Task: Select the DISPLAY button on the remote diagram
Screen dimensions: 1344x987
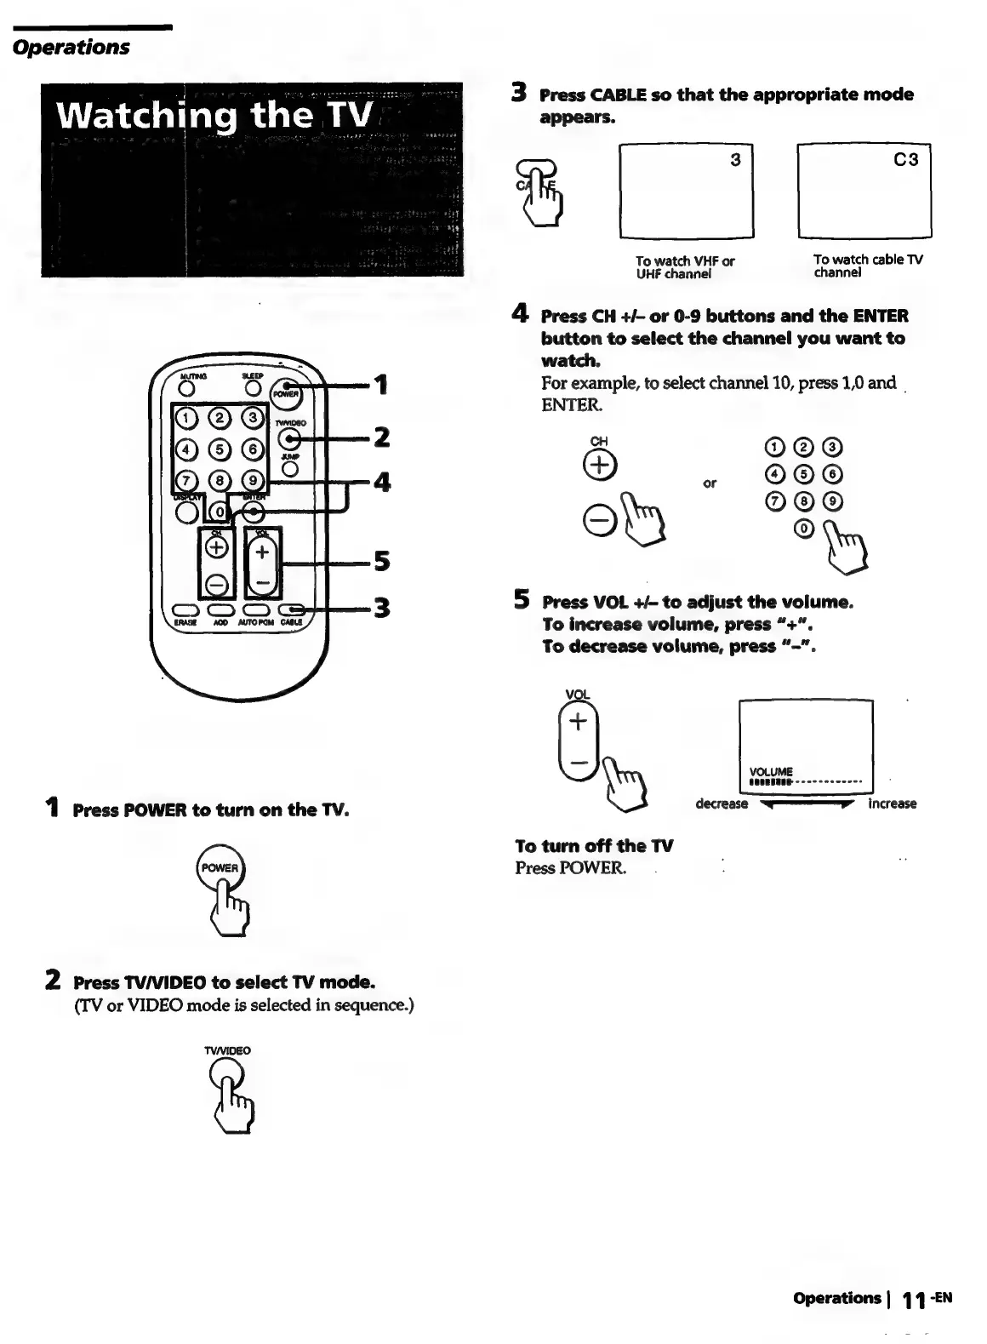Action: click(186, 512)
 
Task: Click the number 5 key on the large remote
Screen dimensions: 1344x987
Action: click(220, 449)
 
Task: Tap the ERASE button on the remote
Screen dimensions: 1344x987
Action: click(185, 609)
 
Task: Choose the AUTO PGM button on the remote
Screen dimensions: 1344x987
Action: click(255, 609)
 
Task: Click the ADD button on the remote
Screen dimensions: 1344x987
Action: click(220, 609)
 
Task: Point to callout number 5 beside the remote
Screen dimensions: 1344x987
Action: click(382, 562)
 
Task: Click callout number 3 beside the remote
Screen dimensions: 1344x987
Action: click(382, 608)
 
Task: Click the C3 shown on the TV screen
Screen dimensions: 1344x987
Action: click(906, 160)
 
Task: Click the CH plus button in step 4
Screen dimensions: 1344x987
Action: click(600, 465)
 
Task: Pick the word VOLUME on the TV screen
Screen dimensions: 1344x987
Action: click(771, 772)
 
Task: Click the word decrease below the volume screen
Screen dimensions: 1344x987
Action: click(722, 804)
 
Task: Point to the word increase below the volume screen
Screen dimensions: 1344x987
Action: click(892, 804)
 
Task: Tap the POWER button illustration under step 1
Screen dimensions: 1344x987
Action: click(220, 868)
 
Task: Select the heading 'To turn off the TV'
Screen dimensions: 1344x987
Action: click(594, 846)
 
